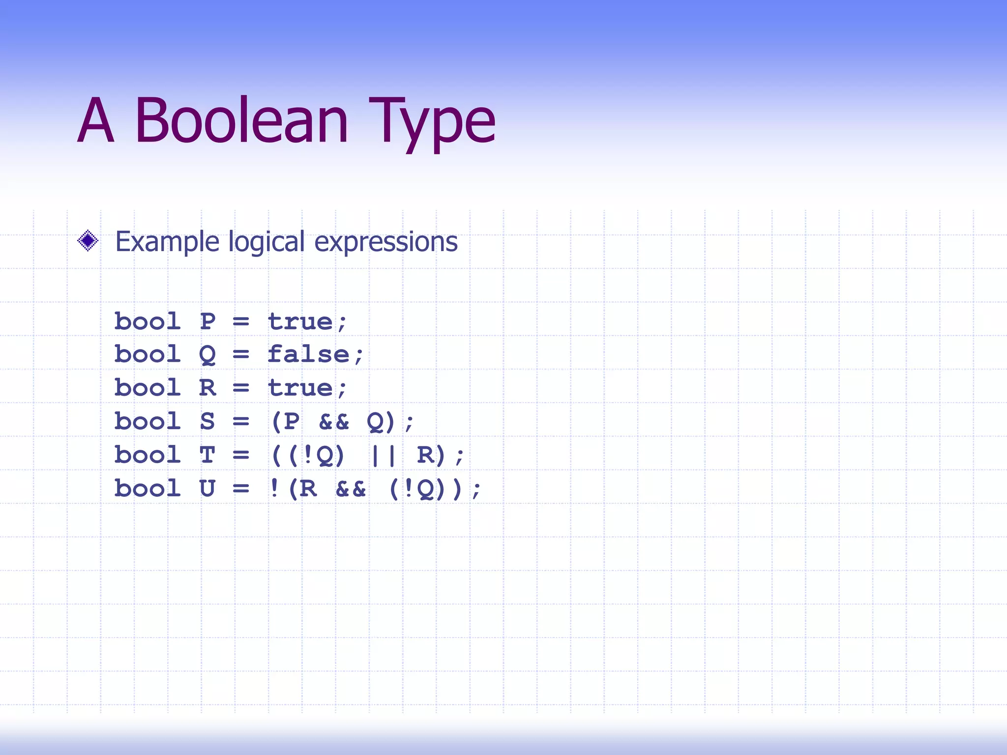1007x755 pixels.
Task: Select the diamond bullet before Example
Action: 88,241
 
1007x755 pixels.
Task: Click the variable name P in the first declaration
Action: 207,322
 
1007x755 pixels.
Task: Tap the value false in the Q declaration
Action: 308,355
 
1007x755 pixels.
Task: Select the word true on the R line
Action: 300,388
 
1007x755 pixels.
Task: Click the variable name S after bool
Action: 207,422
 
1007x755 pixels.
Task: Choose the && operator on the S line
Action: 334,422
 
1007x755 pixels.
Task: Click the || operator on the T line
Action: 384,455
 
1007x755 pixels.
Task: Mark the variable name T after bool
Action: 207,455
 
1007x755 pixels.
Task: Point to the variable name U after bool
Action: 207,489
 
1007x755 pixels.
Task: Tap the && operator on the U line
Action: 351,489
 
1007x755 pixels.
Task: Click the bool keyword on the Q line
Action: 148,355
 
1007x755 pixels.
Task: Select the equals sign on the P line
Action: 241,322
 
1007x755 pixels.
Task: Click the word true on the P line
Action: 300,322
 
